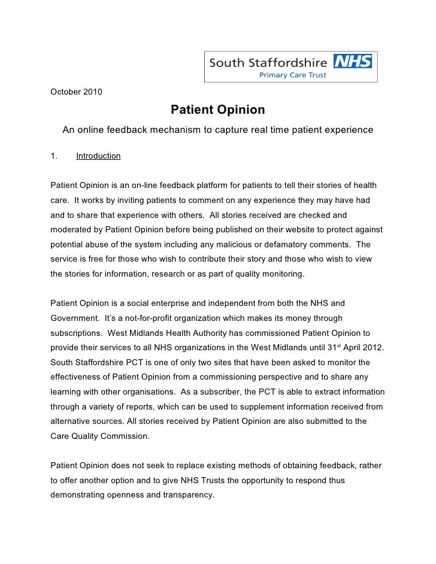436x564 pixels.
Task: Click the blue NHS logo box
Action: tap(353, 61)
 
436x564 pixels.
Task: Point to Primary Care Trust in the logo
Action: tap(292, 75)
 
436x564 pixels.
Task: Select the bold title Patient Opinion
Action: tap(217, 110)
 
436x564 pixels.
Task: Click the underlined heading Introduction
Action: tap(98, 156)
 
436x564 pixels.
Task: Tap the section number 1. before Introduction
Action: tap(54, 156)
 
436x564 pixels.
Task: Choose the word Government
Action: tap(75, 318)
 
